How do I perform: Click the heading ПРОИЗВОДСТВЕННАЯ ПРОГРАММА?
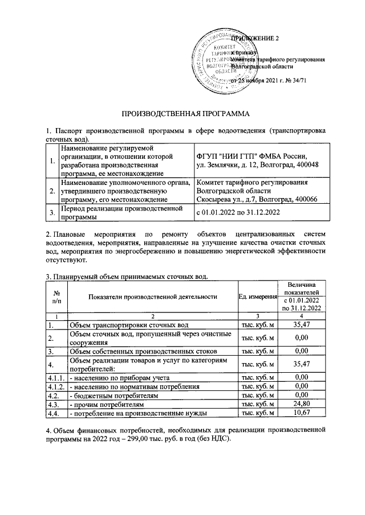182,113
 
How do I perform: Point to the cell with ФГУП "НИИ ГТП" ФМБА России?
252,156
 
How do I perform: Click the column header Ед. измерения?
258,296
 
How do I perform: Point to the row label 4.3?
54,403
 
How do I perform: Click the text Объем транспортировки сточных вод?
128,325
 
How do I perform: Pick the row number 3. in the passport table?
52,212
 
